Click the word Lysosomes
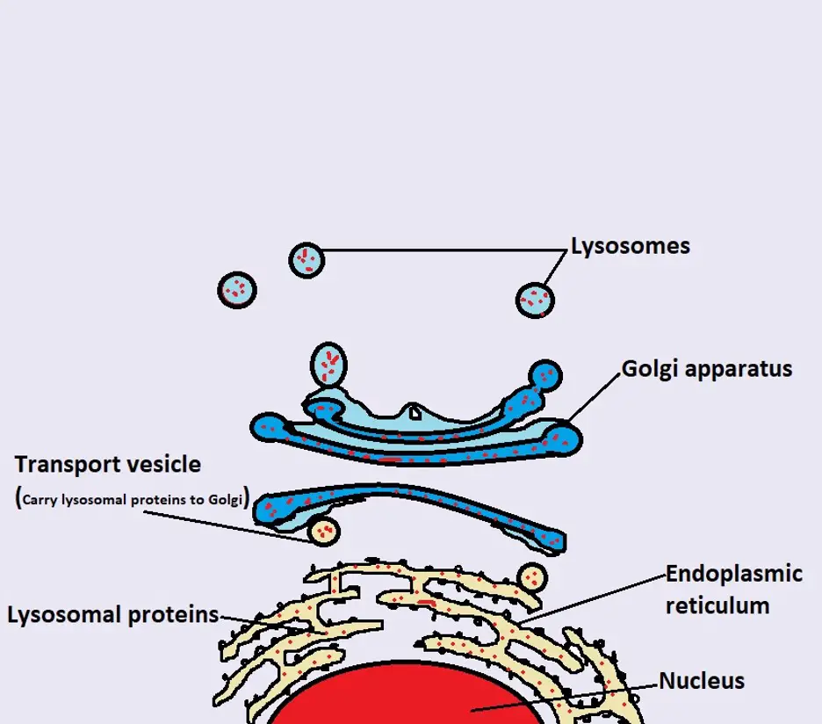tap(630, 246)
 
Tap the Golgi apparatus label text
tap(707, 368)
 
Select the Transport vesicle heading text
tap(108, 464)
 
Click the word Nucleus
tap(702, 681)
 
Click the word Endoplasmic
tap(734, 575)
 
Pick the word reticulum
tap(717, 605)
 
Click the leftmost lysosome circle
tap(237, 288)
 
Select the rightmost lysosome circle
tap(535, 300)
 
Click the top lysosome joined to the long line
tap(306, 259)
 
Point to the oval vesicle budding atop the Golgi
tap(329, 364)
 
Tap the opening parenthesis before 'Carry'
tap(19, 498)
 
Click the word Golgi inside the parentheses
tap(226, 499)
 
